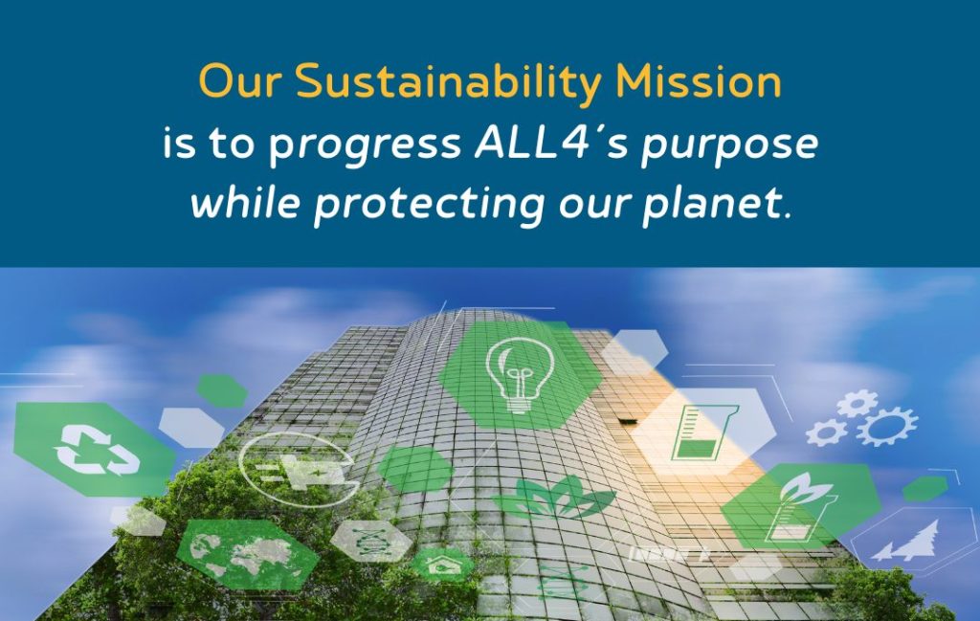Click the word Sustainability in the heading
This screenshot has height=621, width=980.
[x=450, y=84]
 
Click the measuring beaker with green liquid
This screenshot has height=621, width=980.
[x=702, y=432]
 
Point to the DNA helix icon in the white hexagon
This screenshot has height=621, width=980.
[x=369, y=539]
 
